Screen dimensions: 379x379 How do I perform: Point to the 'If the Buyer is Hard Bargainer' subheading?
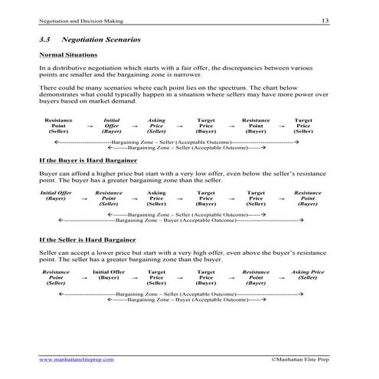coord(88,162)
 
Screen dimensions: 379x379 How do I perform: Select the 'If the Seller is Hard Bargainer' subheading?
coord(88,240)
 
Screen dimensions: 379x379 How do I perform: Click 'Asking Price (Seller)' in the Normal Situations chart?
coord(156,126)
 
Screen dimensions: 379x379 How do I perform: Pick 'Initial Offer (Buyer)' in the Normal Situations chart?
coord(111,126)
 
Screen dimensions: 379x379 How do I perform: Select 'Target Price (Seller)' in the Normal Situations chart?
coord(303,126)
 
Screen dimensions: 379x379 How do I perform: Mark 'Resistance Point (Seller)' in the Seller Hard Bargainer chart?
coord(55,277)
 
